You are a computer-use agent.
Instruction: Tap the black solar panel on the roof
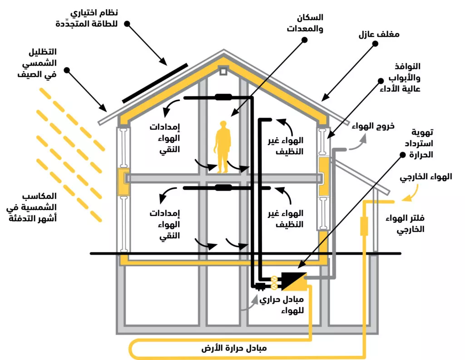[x=155, y=83]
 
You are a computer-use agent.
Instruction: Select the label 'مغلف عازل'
[x=379, y=35]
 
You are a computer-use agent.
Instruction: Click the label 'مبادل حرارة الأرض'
[x=234, y=348]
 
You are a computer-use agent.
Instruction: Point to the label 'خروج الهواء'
[x=373, y=126]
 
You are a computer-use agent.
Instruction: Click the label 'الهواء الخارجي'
[x=426, y=177]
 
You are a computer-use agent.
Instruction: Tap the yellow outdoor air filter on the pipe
[x=364, y=226]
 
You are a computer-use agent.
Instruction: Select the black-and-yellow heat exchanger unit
[x=294, y=281]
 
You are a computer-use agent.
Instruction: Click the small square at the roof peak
[x=223, y=71]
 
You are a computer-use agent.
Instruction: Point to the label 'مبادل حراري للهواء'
[x=282, y=305]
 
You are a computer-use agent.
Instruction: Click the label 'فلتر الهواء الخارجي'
[x=405, y=224]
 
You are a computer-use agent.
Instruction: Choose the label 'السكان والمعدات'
[x=305, y=23]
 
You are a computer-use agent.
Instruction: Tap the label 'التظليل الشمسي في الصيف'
[x=37, y=63]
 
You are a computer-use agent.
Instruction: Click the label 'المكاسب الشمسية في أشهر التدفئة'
[x=31, y=207]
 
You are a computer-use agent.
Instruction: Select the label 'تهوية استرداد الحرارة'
[x=419, y=143]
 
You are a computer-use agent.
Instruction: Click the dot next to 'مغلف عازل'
[x=375, y=44]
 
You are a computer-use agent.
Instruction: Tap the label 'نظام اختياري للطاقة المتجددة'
[x=87, y=18]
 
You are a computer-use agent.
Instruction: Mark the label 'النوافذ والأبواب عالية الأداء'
[x=400, y=78]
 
